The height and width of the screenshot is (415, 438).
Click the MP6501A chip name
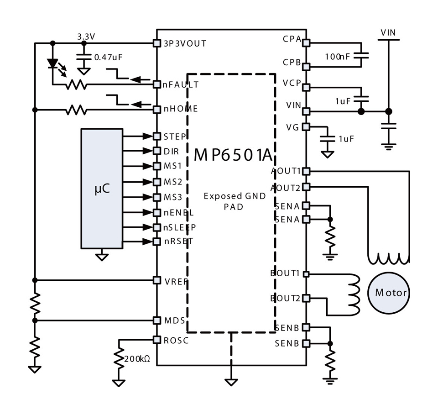(x=233, y=155)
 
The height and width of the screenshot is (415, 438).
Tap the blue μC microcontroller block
(x=102, y=189)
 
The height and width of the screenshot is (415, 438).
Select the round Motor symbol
(x=389, y=293)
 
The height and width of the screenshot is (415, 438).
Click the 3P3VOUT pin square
(x=157, y=43)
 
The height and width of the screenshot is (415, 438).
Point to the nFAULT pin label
(x=181, y=84)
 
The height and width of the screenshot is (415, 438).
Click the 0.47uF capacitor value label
(x=109, y=57)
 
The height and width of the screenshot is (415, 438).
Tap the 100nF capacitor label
(x=337, y=57)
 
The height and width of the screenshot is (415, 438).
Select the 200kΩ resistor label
(x=137, y=359)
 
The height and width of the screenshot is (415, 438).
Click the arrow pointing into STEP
(x=138, y=137)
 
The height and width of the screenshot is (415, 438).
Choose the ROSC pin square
(x=157, y=340)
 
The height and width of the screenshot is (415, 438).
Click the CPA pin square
(x=307, y=43)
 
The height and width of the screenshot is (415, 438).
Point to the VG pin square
(x=307, y=127)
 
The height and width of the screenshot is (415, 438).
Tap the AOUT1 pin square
(x=307, y=171)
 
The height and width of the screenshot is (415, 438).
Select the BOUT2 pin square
(x=307, y=298)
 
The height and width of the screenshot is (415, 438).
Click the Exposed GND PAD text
(x=235, y=201)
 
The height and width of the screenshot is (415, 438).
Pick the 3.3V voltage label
(x=86, y=37)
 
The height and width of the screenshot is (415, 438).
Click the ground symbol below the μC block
(x=102, y=255)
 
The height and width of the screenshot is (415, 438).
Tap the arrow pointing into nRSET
(x=138, y=242)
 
